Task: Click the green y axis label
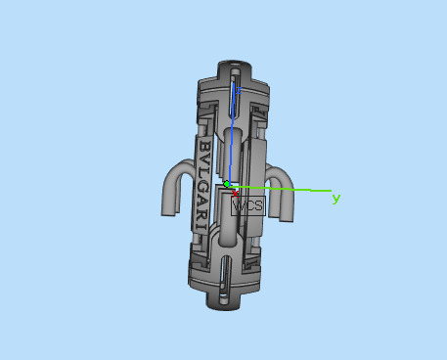point(336,198)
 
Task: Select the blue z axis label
point(235,89)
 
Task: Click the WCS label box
point(246,205)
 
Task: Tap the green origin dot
point(227,183)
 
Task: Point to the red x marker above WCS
point(236,193)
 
